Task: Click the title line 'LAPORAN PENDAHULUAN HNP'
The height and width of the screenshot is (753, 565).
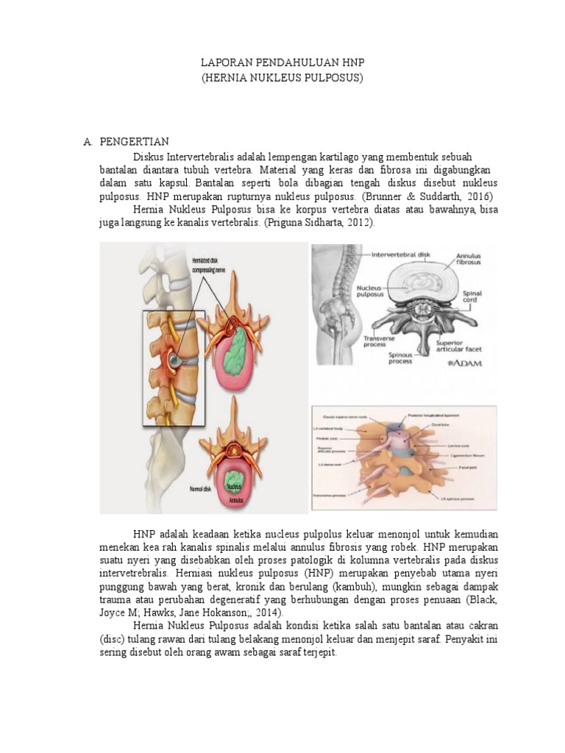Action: coord(282,63)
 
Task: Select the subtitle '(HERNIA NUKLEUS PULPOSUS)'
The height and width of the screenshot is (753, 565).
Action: coord(282,76)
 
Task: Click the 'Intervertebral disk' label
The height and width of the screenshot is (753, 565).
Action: coord(402,255)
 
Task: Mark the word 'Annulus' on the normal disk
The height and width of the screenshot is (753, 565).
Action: coord(235,499)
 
